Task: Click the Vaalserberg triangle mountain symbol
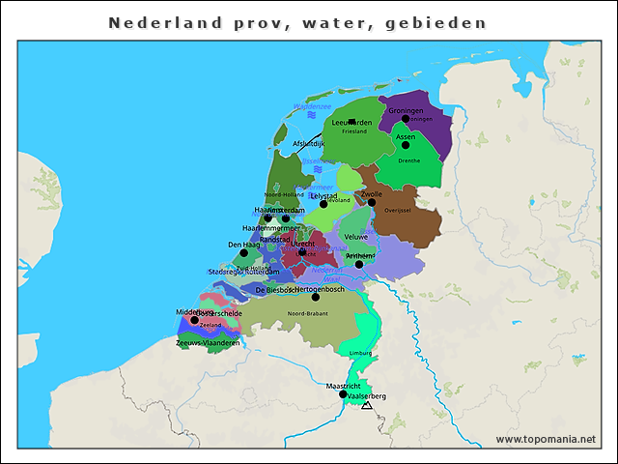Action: coord(366,406)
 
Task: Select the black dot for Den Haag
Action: coord(243,253)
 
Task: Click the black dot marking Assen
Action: coord(406,146)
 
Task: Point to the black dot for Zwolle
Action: coord(372,202)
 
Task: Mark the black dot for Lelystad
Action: coord(323,204)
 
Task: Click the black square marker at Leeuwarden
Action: coord(352,122)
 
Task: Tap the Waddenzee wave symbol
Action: coord(312,115)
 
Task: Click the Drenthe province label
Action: coord(408,160)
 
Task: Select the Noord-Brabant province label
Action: coord(307,314)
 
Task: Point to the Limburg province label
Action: coord(360,354)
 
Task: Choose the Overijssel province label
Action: coord(398,210)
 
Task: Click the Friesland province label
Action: coord(354,131)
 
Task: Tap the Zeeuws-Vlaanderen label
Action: coord(208,343)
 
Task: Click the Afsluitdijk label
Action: coord(309,143)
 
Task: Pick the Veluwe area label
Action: coord(355,237)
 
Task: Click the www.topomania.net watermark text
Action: coord(546,439)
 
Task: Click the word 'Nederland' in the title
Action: coord(154,21)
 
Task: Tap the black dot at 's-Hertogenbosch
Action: coord(315,297)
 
